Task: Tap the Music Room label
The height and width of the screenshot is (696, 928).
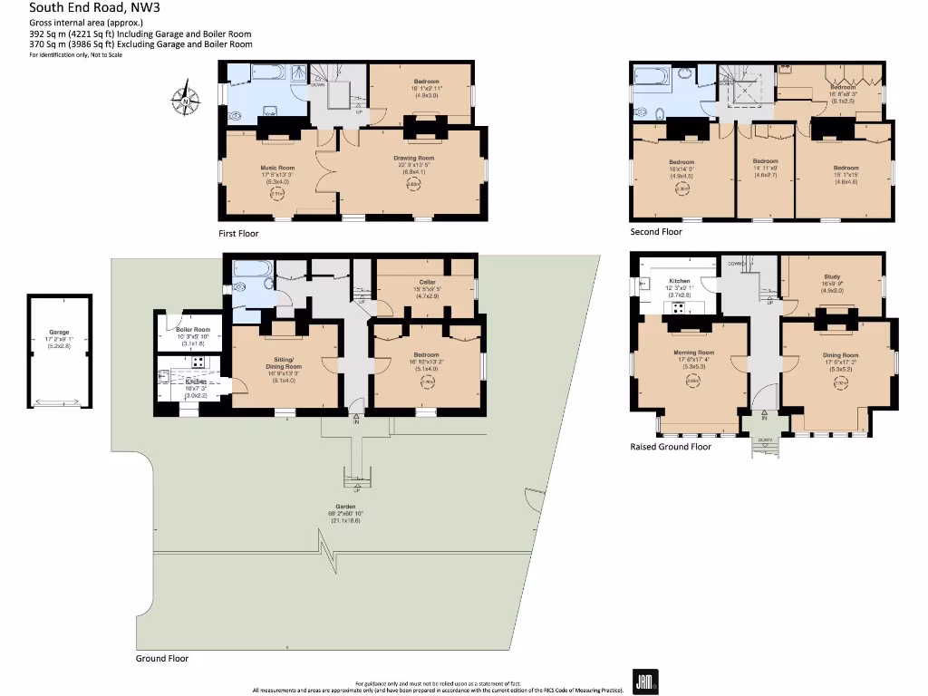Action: coord(278,168)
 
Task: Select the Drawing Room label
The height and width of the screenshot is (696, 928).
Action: coord(413,159)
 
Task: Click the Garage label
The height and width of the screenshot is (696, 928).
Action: coord(59,333)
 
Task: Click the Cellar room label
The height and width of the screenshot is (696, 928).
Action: coord(426,281)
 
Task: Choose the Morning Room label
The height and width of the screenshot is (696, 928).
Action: coord(693,353)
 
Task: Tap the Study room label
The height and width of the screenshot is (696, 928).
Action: coord(832,277)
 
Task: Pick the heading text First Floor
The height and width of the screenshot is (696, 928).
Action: coord(238,234)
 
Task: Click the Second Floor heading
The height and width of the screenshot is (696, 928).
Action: coord(656,232)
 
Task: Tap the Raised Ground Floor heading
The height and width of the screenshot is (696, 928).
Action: coord(671,447)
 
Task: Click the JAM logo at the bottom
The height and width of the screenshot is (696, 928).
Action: coord(644,681)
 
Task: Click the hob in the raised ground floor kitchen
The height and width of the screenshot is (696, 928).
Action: coord(675,307)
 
